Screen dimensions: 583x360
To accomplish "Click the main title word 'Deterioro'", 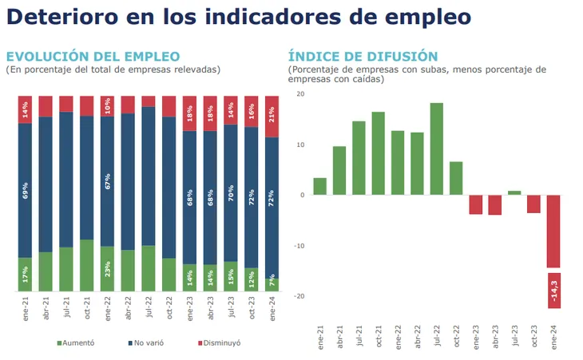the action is (x=62, y=17).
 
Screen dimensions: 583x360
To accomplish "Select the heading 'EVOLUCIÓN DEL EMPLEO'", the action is (x=93, y=57).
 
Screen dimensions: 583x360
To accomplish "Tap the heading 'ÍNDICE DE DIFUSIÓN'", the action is (x=363, y=57).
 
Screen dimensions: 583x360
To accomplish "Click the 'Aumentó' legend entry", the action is (x=76, y=343).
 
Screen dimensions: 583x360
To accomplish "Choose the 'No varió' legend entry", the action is (x=145, y=343).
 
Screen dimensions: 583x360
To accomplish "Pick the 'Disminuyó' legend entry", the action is (x=219, y=343).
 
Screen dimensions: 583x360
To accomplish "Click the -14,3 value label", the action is (x=554, y=291).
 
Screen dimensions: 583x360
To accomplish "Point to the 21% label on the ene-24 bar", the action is (x=272, y=114).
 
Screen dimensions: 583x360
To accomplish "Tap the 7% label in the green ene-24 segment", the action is (x=272, y=280).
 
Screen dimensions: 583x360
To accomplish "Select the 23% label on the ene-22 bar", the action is (x=108, y=269).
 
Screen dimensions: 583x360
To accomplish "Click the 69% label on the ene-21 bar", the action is (x=25, y=190).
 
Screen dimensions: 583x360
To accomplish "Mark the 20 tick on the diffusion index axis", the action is (x=300, y=94).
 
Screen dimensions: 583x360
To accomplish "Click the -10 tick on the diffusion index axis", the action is (x=299, y=246).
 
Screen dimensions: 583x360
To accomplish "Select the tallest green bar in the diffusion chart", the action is (x=437, y=148).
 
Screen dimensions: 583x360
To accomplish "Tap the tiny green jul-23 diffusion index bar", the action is (x=514, y=193).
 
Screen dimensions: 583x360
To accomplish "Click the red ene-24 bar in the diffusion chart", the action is (x=553, y=231).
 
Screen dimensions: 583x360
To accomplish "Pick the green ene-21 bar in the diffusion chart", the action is (x=319, y=186).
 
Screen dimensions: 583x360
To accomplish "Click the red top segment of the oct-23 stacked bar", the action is (x=251, y=112).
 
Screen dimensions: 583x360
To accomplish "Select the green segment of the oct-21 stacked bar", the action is (x=86, y=265).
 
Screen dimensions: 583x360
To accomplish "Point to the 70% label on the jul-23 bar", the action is (x=231, y=193).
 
